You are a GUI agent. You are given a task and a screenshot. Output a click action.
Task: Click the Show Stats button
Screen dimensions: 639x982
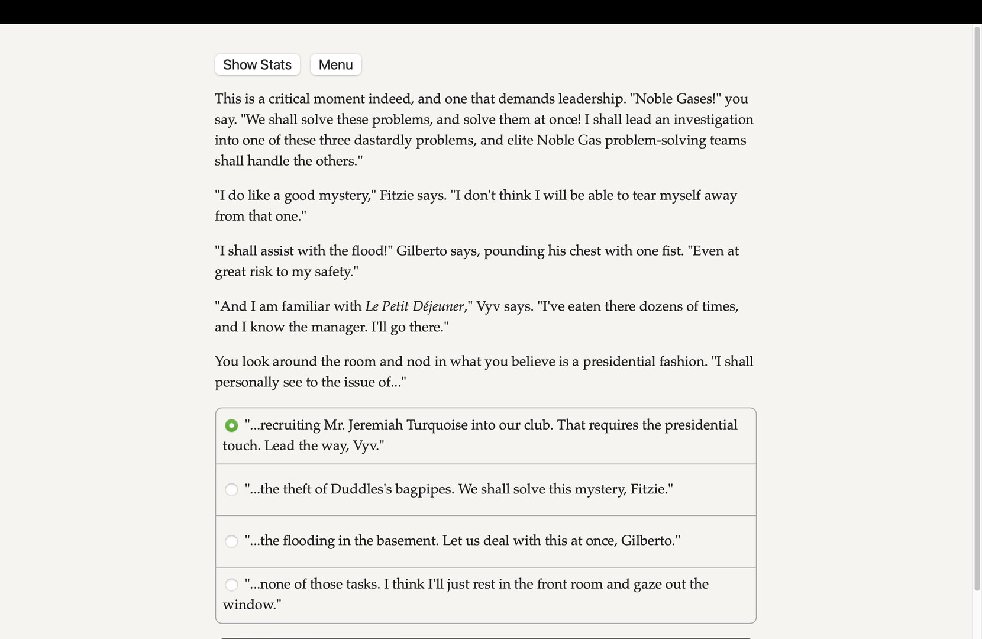(x=257, y=65)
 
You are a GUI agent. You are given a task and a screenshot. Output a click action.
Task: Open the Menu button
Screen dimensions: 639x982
(x=335, y=65)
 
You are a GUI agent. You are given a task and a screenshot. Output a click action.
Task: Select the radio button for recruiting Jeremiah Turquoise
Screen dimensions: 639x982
(x=231, y=425)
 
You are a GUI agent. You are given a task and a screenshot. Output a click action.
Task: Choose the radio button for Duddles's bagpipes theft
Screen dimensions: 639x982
(x=231, y=489)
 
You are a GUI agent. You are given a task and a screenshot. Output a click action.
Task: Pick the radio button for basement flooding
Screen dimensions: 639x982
(x=231, y=541)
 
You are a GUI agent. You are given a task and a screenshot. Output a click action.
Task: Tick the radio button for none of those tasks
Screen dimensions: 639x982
(x=231, y=585)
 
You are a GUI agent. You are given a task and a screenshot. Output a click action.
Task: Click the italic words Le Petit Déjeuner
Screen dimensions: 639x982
(x=415, y=306)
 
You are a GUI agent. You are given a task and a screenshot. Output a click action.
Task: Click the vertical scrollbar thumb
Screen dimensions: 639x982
(x=977, y=308)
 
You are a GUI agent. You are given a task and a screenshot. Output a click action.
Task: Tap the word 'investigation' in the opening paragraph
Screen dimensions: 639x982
(x=713, y=120)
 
